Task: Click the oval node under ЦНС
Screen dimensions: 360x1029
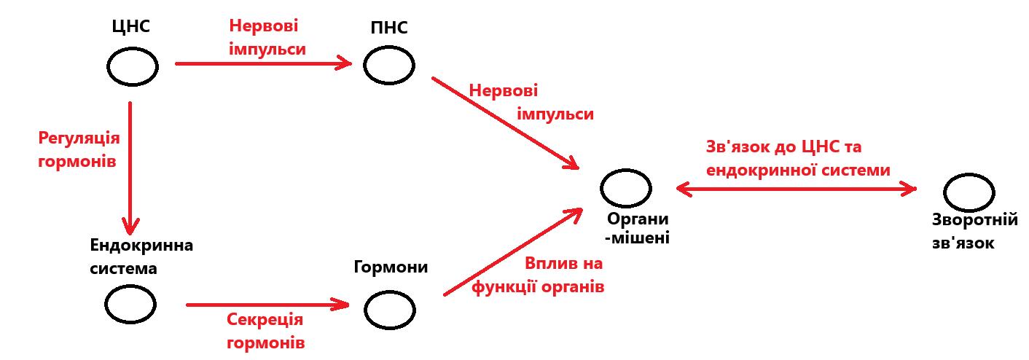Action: [x=133, y=66]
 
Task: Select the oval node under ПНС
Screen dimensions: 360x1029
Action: [x=389, y=66]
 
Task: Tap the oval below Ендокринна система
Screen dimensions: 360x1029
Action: [x=130, y=305]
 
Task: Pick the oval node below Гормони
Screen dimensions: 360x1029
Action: [x=390, y=310]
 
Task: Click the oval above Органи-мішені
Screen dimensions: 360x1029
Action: [x=627, y=187]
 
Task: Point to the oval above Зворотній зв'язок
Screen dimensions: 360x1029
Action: [x=969, y=192]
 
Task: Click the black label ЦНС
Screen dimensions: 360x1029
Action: [x=131, y=28]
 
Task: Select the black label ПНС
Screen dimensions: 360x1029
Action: [x=388, y=28]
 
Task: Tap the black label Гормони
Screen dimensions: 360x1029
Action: [x=391, y=267]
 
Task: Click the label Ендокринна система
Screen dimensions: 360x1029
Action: [x=132, y=257]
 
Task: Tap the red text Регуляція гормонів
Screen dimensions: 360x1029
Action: [x=78, y=149]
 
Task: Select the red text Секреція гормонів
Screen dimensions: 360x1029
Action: [x=265, y=331]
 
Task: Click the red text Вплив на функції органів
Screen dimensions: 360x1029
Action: [x=539, y=275]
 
